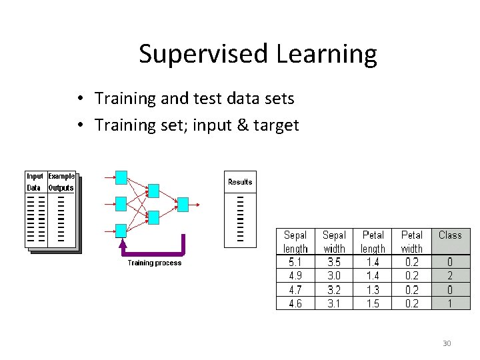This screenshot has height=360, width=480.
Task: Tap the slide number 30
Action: click(x=447, y=343)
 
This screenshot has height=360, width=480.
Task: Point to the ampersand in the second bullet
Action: click(x=240, y=125)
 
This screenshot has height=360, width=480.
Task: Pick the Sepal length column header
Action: click(x=295, y=241)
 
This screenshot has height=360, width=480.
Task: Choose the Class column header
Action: click(x=450, y=235)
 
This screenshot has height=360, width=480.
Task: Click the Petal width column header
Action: click(x=411, y=241)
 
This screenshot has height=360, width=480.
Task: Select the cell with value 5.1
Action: click(x=295, y=262)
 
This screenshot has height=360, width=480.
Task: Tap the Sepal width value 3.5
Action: click(x=334, y=262)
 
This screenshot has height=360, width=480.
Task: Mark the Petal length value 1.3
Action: click(x=373, y=289)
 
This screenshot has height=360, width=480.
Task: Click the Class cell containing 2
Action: click(x=450, y=275)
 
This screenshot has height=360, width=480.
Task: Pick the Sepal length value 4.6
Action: click(x=295, y=303)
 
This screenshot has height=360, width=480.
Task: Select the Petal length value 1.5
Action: click(x=373, y=303)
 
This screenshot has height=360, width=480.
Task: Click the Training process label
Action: click(x=154, y=263)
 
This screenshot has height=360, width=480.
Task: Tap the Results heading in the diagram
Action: click(x=240, y=182)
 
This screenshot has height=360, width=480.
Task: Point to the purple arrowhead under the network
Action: click(x=121, y=244)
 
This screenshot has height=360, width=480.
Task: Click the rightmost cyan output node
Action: click(x=183, y=204)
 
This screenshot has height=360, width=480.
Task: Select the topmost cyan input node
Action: click(x=121, y=177)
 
